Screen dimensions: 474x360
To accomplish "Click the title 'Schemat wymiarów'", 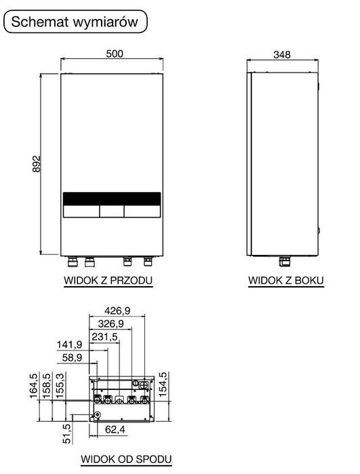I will (x=76, y=21).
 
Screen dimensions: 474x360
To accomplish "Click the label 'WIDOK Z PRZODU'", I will (x=108, y=280).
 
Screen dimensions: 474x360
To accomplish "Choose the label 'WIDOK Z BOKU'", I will (x=285, y=280).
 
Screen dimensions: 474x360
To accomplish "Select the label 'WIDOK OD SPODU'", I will (x=127, y=459).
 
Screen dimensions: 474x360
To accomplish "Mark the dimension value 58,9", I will (x=72, y=358).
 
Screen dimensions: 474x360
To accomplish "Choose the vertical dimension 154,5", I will (x=162, y=384).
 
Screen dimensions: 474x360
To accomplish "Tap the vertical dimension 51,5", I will (x=66, y=432).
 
